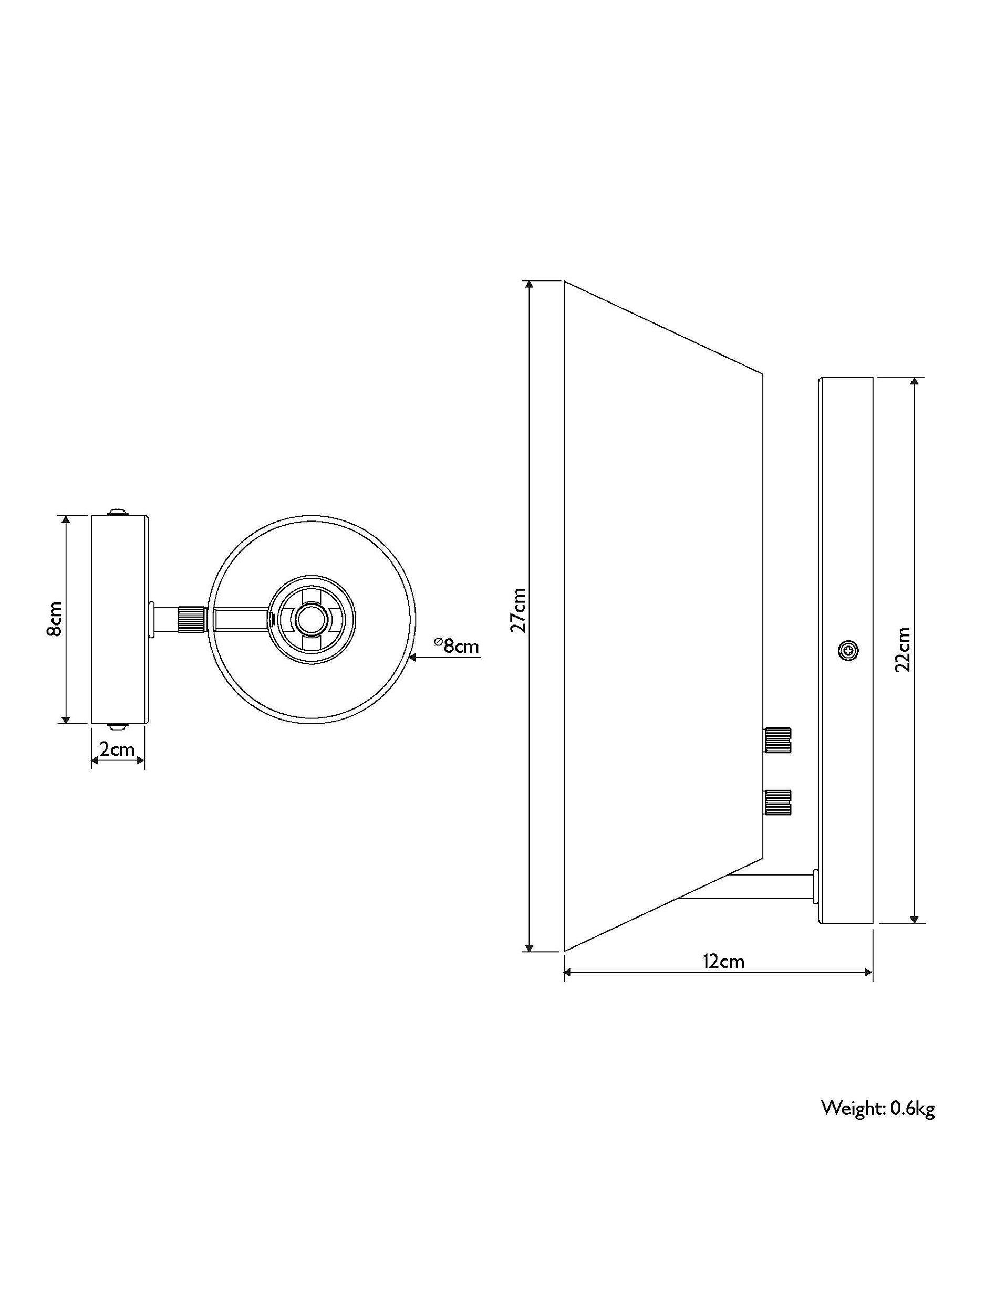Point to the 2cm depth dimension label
[x=117, y=749]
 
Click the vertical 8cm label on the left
[x=55, y=619]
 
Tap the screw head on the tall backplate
[x=848, y=651]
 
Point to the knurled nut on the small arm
[x=192, y=620]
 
